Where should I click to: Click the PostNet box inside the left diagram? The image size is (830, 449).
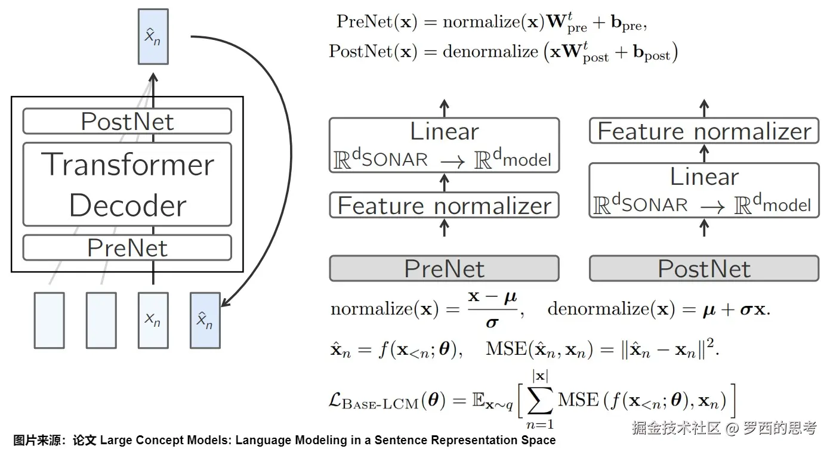[127, 121]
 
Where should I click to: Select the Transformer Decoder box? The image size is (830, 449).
[127, 184]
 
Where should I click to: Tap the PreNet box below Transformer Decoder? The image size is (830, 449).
[127, 247]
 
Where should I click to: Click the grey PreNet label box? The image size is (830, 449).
[445, 268]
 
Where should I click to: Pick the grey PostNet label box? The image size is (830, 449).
[704, 268]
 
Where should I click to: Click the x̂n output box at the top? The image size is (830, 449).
[153, 36]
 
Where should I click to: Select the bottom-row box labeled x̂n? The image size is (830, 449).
[205, 321]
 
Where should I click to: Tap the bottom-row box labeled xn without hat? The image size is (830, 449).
[153, 321]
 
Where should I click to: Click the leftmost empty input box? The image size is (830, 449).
[50, 321]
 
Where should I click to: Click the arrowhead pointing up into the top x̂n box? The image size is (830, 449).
[153, 77]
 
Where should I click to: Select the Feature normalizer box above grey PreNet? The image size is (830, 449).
[445, 205]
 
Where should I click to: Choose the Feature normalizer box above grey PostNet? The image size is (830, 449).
[704, 131]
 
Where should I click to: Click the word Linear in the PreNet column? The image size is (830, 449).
[445, 131]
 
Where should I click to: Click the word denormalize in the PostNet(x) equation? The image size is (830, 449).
[490, 51]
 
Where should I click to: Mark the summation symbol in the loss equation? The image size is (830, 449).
[540, 400]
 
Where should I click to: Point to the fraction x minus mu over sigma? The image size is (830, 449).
[492, 309]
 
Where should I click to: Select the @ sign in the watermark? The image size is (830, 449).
[732, 428]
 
